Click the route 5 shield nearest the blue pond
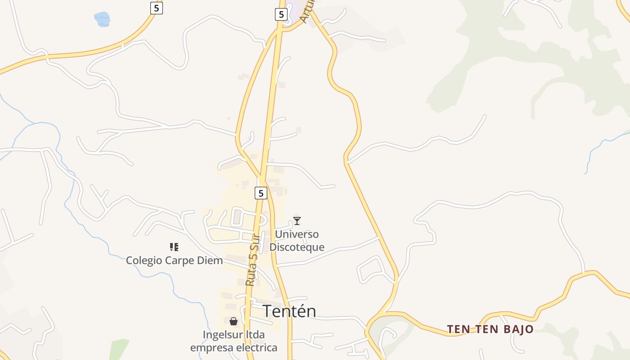coord(156,8)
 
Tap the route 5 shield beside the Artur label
coord(281,14)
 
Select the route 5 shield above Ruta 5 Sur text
coord(261,193)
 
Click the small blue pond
coord(102,19)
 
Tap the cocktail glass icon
coord(297,220)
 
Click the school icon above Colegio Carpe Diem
coord(174,247)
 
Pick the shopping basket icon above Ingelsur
coord(234,321)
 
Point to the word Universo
coord(297,234)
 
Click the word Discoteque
coord(297,247)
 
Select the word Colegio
coord(144,261)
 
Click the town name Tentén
coord(289,311)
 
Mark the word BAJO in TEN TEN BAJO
coord(518,329)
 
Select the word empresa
coord(209,348)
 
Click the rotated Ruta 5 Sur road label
coord(253,260)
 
